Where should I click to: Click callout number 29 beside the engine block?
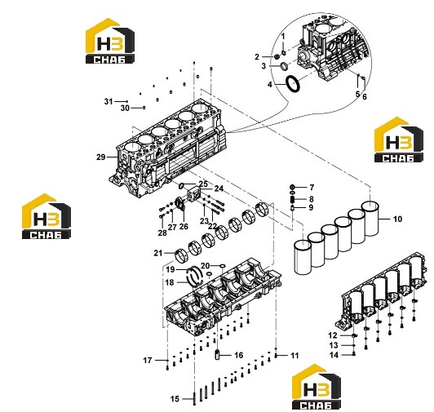(101, 157)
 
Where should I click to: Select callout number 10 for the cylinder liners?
(397, 219)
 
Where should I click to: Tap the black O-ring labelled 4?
(292, 83)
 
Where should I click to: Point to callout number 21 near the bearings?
(158, 253)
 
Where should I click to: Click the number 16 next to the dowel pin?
(238, 355)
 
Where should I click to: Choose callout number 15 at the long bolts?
(175, 399)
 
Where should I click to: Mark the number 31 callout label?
(108, 102)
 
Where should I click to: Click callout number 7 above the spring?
(312, 188)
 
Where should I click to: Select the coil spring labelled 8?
(292, 199)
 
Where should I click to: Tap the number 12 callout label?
(333, 335)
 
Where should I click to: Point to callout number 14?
(334, 355)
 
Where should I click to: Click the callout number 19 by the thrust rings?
(170, 269)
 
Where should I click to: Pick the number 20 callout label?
(206, 266)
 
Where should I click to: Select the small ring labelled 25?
(182, 185)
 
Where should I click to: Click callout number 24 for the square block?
(219, 188)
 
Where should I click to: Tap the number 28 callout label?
(162, 233)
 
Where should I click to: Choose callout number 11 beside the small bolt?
(294, 356)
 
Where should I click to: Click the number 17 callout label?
(148, 361)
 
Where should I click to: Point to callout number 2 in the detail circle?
(257, 57)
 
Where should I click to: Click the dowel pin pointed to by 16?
(218, 355)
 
